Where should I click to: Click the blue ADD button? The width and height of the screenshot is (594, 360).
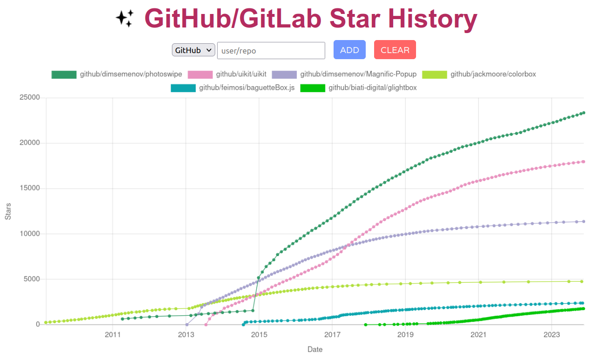[x=349, y=50]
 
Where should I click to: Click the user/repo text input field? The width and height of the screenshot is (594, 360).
[x=271, y=51]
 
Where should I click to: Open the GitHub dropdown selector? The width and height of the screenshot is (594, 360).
[x=193, y=50]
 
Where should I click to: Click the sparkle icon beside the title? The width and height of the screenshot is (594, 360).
[x=124, y=19]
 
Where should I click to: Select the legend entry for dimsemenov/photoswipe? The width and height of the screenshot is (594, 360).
[x=116, y=75]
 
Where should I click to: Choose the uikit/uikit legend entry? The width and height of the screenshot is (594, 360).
[x=227, y=75]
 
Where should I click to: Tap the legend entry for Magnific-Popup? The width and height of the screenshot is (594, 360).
[x=344, y=75]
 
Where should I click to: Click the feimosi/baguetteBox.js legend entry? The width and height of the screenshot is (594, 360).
[x=232, y=88]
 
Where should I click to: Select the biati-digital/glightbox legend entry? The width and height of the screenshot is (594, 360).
[x=358, y=88]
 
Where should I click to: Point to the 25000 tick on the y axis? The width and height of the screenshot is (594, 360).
[x=29, y=98]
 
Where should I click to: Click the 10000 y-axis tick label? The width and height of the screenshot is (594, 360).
[x=29, y=234]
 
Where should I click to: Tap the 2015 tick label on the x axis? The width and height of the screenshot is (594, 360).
[x=259, y=334]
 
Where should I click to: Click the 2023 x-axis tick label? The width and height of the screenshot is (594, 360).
[x=552, y=334]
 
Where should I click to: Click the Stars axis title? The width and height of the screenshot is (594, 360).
[x=8, y=211]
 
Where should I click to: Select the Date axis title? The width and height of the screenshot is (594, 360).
[x=314, y=349]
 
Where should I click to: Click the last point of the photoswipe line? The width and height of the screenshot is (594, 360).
[x=583, y=113]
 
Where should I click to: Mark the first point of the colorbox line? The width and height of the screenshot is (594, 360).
[x=46, y=322]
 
